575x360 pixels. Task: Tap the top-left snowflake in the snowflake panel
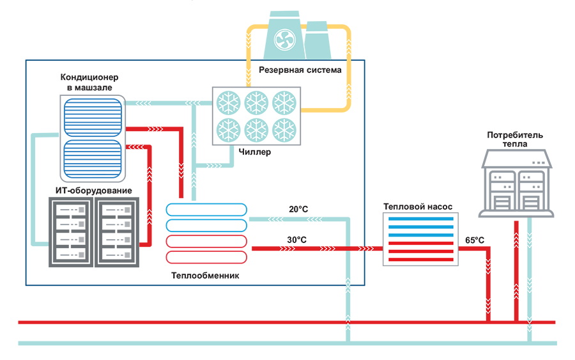(226, 102)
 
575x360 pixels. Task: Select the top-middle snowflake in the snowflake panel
(256, 102)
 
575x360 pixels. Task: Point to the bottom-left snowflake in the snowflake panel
(226, 130)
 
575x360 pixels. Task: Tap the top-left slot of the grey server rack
(67, 210)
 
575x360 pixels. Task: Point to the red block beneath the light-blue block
(203, 251)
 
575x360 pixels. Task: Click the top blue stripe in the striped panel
(420, 219)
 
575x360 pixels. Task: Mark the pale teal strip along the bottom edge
(287, 340)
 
